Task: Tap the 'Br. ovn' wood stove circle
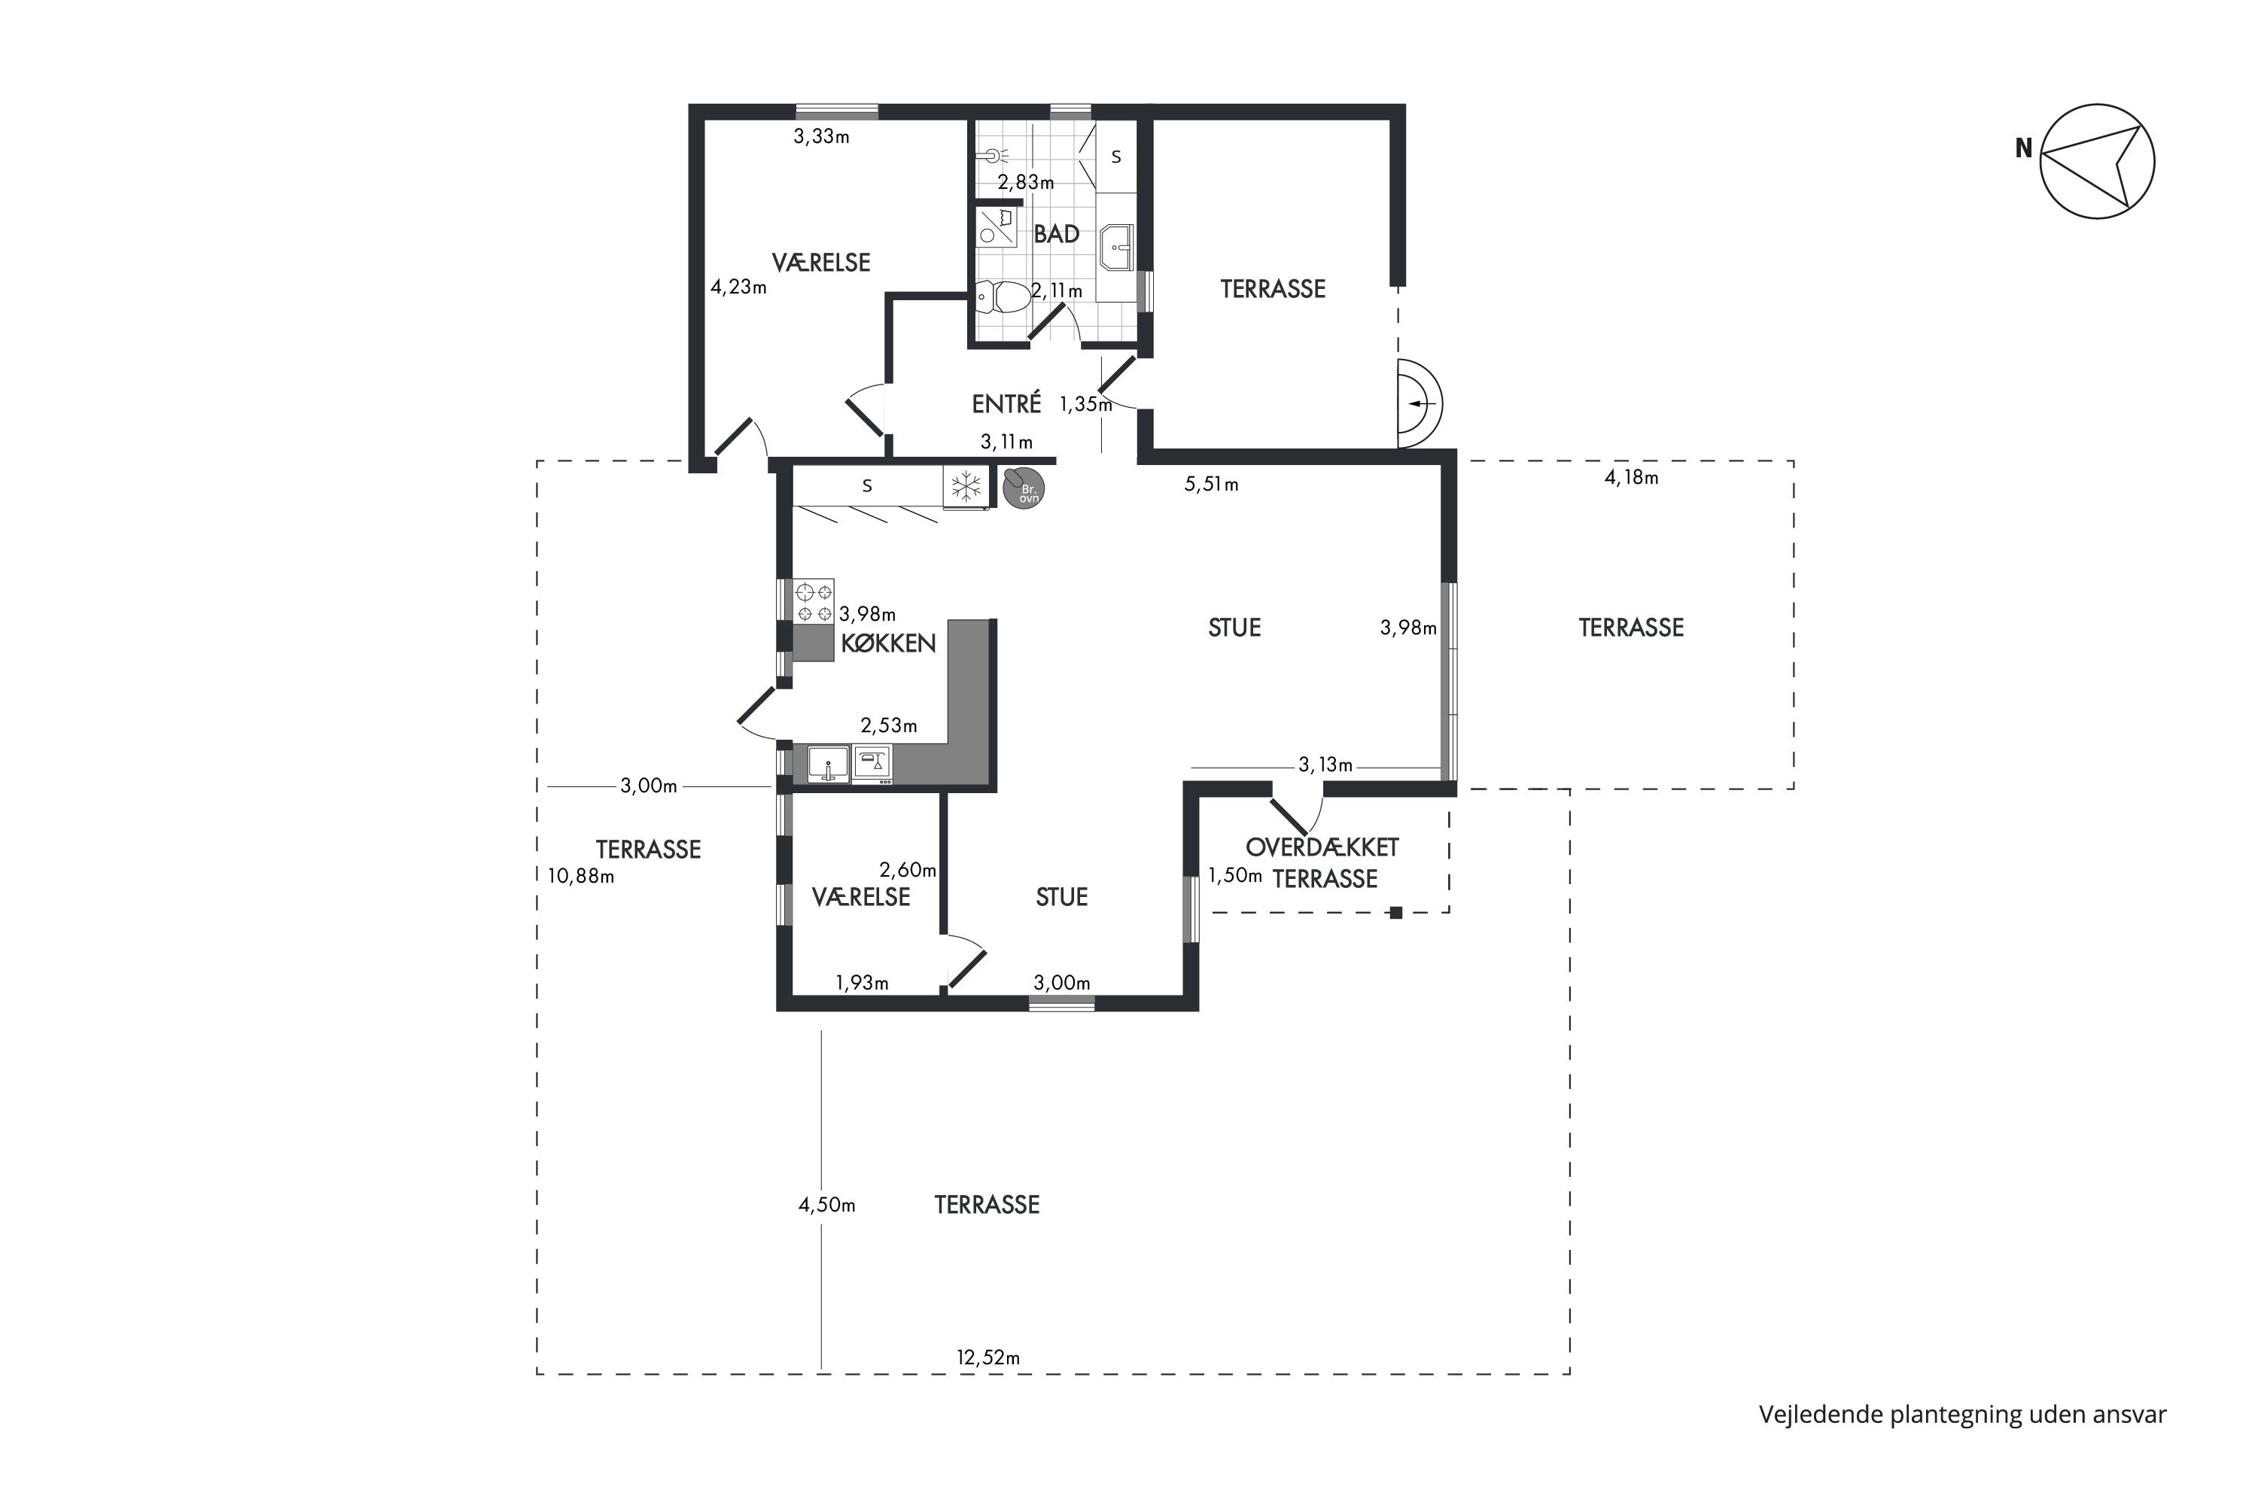pyautogui.click(x=1024, y=488)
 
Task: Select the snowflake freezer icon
pyautogui.click(x=966, y=488)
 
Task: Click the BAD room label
pyautogui.click(x=1056, y=233)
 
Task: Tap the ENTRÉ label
pyautogui.click(x=1006, y=404)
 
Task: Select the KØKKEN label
pyautogui.click(x=888, y=643)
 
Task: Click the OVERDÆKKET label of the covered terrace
pyautogui.click(x=1322, y=847)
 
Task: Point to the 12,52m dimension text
pyautogui.click(x=987, y=1358)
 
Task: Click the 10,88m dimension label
pyautogui.click(x=581, y=877)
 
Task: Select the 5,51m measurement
pyautogui.click(x=1212, y=485)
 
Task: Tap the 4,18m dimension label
pyautogui.click(x=1631, y=477)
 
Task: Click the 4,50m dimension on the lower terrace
pyautogui.click(x=826, y=1205)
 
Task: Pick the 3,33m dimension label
pyautogui.click(x=821, y=136)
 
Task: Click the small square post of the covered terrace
pyautogui.click(x=1396, y=913)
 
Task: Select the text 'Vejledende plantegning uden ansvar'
pyautogui.click(x=1962, y=1415)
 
